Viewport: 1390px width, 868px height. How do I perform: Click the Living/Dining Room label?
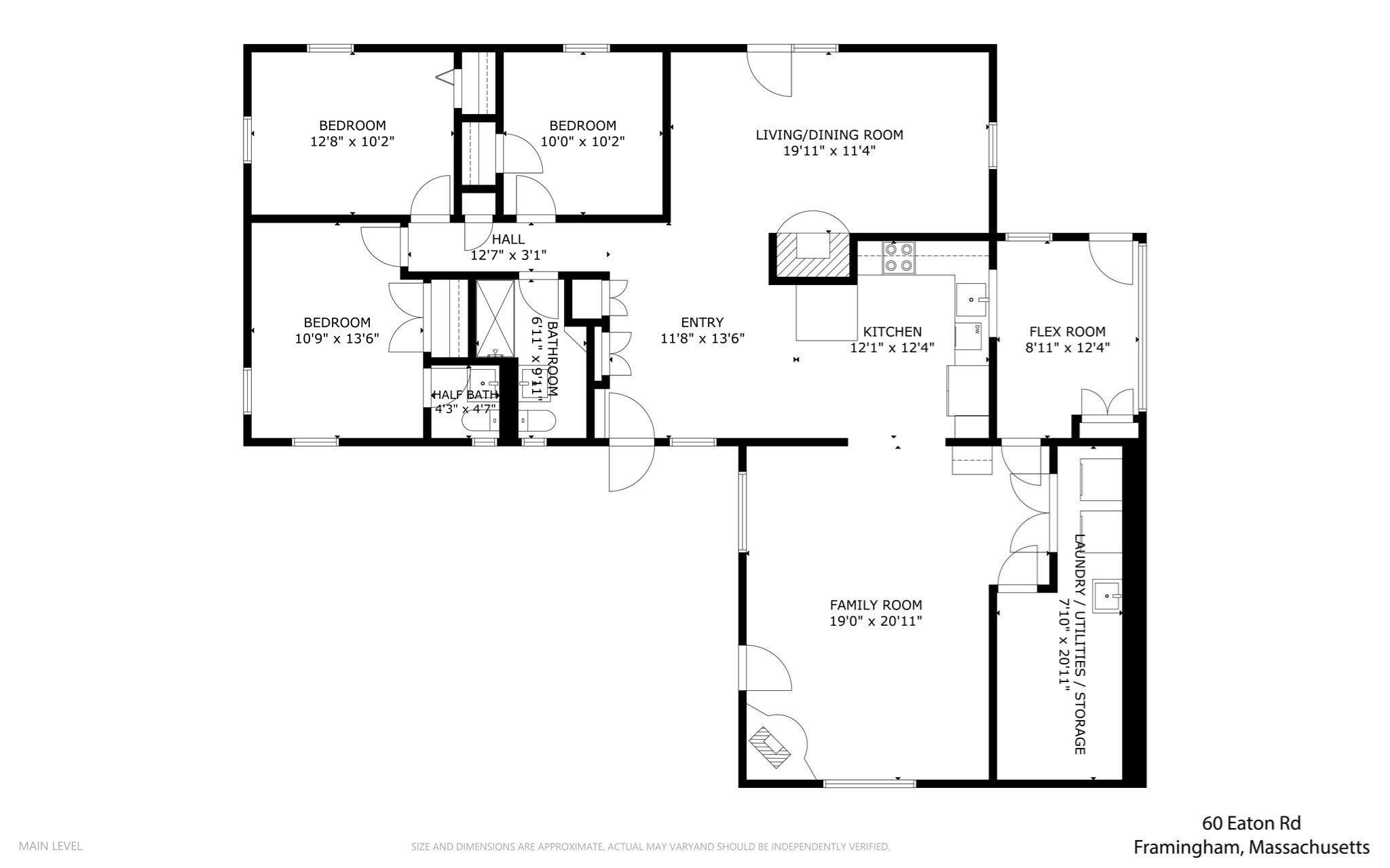pyautogui.click(x=829, y=134)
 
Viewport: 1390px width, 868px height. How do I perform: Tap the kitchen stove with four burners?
pyautogui.click(x=899, y=258)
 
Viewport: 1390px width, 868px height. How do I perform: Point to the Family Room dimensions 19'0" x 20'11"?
pyautogui.click(x=876, y=621)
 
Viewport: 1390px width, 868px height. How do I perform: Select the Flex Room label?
pyautogui.click(x=1068, y=332)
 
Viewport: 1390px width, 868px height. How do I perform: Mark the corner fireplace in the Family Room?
pyautogui.click(x=770, y=747)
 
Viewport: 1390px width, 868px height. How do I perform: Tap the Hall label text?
pyautogui.click(x=508, y=239)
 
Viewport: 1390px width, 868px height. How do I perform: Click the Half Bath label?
pyautogui.click(x=466, y=395)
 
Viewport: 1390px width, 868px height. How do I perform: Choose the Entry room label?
pyautogui.click(x=702, y=322)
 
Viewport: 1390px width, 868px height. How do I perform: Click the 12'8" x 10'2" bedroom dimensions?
pyautogui.click(x=352, y=142)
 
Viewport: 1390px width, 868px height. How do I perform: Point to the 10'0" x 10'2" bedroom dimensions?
pyautogui.click(x=582, y=142)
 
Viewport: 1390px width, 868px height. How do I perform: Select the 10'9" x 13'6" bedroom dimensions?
pyautogui.click(x=337, y=338)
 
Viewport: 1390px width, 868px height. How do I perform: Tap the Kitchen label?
pyautogui.click(x=893, y=332)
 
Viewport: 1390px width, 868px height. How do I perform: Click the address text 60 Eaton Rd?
pyautogui.click(x=1252, y=824)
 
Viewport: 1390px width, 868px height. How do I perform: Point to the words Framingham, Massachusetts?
pyautogui.click(x=1252, y=848)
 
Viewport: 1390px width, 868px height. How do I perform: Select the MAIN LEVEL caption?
pyautogui.click(x=50, y=846)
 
